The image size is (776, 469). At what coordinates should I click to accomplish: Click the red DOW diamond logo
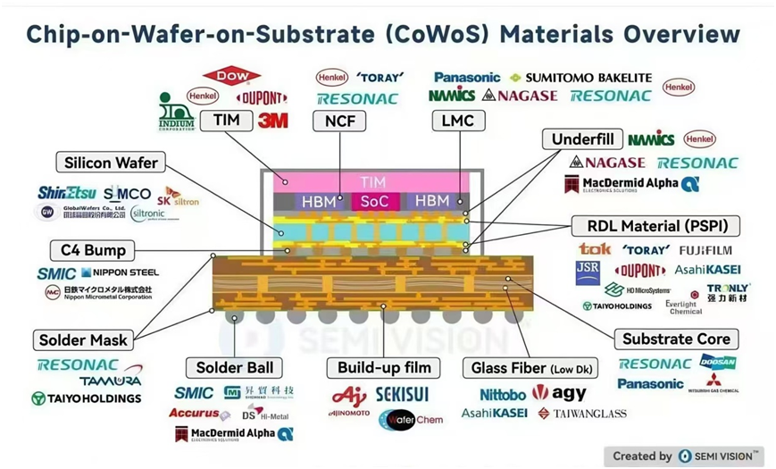(x=232, y=78)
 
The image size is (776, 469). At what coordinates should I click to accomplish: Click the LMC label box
(x=457, y=121)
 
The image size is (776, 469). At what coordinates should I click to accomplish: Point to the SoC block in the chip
(x=373, y=201)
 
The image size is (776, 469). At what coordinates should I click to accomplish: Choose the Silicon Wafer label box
(x=111, y=163)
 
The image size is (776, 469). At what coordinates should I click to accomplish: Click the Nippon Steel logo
(x=120, y=272)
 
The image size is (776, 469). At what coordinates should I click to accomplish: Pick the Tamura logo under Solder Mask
(x=111, y=381)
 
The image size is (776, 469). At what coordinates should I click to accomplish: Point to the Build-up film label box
(x=384, y=367)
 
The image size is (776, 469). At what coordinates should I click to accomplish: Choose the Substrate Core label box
(x=676, y=339)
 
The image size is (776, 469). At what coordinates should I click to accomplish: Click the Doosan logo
(x=719, y=364)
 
